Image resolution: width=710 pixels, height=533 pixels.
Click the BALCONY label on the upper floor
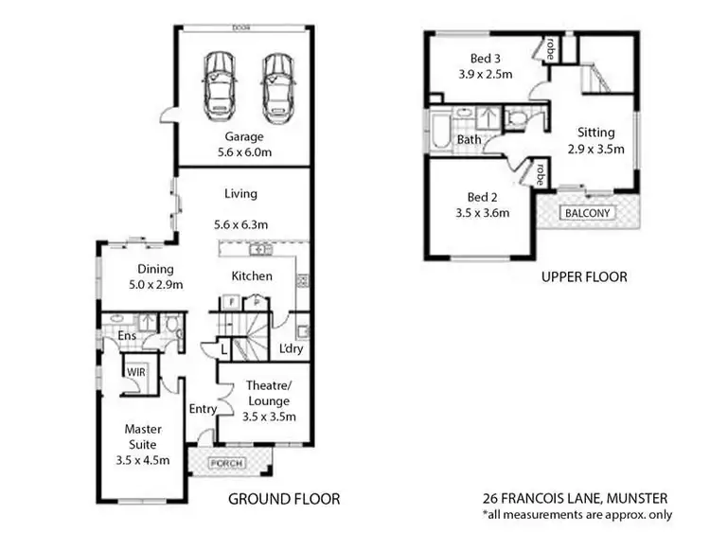pyautogui.click(x=588, y=213)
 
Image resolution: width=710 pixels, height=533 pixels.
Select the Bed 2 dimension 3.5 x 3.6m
pyautogui.click(x=481, y=213)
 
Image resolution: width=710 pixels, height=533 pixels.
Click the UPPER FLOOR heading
pyautogui.click(x=583, y=277)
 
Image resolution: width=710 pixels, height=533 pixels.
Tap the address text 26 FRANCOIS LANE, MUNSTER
pyautogui.click(x=576, y=498)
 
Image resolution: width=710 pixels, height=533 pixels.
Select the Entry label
pyautogui.click(x=203, y=409)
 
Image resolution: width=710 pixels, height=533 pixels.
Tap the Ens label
pyautogui.click(x=128, y=336)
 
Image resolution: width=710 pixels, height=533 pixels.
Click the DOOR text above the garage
pyautogui.click(x=242, y=28)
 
